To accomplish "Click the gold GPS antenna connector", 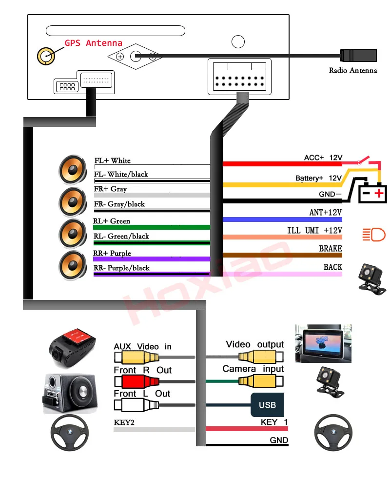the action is (x=46, y=56).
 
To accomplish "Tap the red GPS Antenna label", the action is (x=94, y=43).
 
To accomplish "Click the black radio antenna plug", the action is (x=358, y=55).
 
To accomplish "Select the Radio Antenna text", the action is (x=353, y=70).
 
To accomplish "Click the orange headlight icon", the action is (x=374, y=235).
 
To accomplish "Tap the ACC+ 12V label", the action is (x=323, y=158).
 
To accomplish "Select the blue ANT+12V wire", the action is (x=282, y=219).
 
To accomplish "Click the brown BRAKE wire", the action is (x=282, y=255).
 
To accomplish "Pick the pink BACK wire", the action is (x=282, y=274).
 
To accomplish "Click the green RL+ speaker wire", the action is (x=152, y=227).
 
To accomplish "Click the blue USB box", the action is (x=267, y=405).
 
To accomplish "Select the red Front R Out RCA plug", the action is (x=136, y=381).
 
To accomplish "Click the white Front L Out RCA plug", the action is (x=136, y=405).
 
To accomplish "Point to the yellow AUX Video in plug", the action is (x=136, y=357).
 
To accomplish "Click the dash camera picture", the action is (x=72, y=348).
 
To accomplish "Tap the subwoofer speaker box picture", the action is (x=70, y=394).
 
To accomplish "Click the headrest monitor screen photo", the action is (x=323, y=343).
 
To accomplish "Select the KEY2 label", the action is (x=124, y=422).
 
